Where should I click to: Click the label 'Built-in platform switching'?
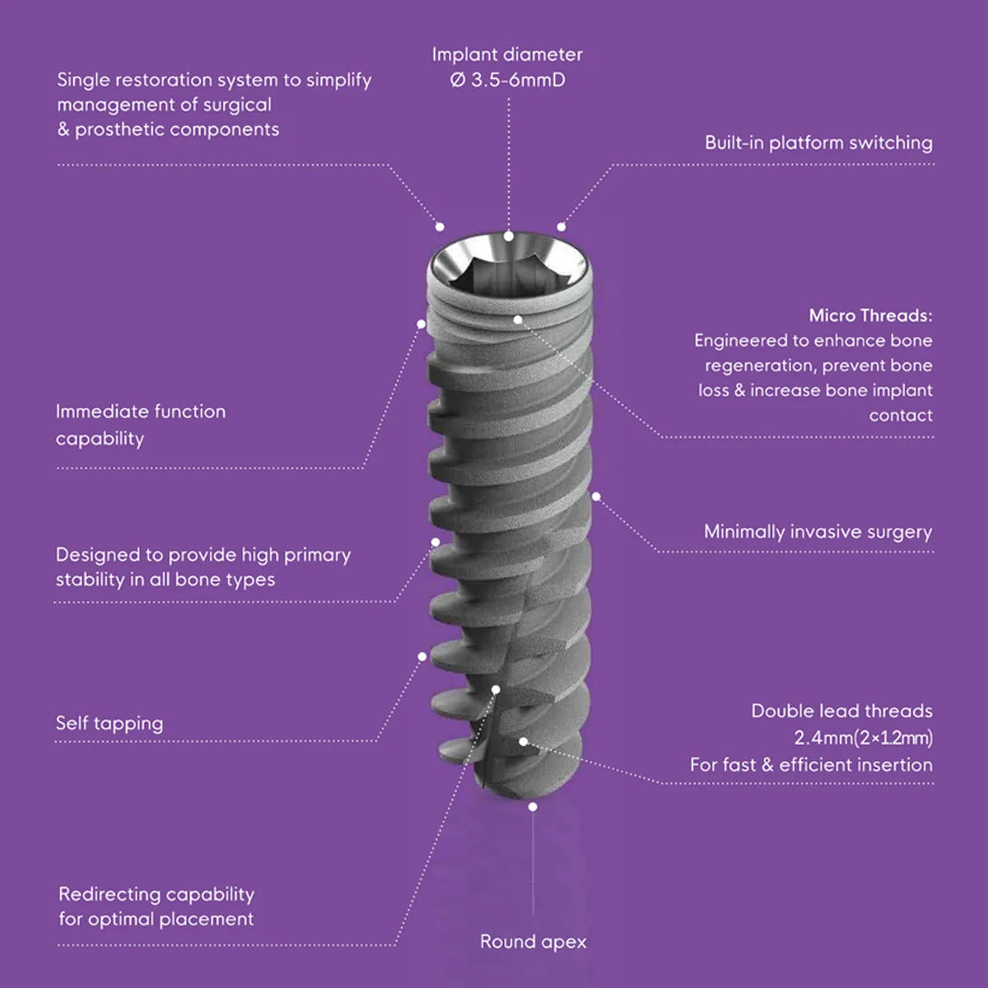point(818,142)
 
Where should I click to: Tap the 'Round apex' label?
point(533,942)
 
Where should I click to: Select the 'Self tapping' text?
point(110,724)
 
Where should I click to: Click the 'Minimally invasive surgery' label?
point(818,532)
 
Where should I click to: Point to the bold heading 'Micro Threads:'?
point(870,315)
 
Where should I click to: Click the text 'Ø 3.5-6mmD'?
point(507,81)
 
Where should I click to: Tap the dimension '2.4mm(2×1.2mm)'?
point(863,737)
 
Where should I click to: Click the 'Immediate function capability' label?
point(140,424)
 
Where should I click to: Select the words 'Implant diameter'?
point(507,55)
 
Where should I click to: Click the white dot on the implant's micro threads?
point(518,318)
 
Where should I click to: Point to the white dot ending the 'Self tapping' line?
point(422,656)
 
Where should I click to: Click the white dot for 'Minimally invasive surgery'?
point(596,496)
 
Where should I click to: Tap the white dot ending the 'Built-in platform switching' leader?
point(562,226)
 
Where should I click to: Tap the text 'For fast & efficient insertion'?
point(811,765)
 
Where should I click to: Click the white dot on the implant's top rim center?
point(509,236)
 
